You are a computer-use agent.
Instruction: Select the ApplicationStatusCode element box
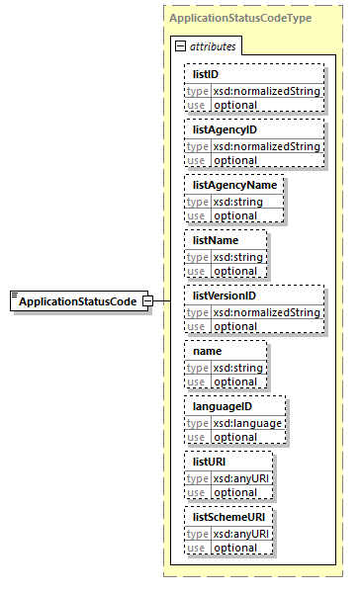pos(77,300)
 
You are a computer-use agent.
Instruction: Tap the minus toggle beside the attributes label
pos(179,46)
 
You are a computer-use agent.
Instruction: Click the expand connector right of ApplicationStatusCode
pos(147,300)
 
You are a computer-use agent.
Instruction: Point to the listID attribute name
pos(207,74)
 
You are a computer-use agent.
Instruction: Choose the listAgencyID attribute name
pos(225,129)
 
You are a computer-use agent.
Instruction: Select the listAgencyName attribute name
pos(234,185)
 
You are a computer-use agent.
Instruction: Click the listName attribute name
pos(215,240)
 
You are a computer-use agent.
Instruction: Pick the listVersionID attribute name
pos(225,296)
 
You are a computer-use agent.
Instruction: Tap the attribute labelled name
pos(207,351)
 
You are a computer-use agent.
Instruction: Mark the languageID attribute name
pos(223,406)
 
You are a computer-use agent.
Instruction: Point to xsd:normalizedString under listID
pos(265,91)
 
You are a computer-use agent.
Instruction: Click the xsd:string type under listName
pos(235,257)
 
